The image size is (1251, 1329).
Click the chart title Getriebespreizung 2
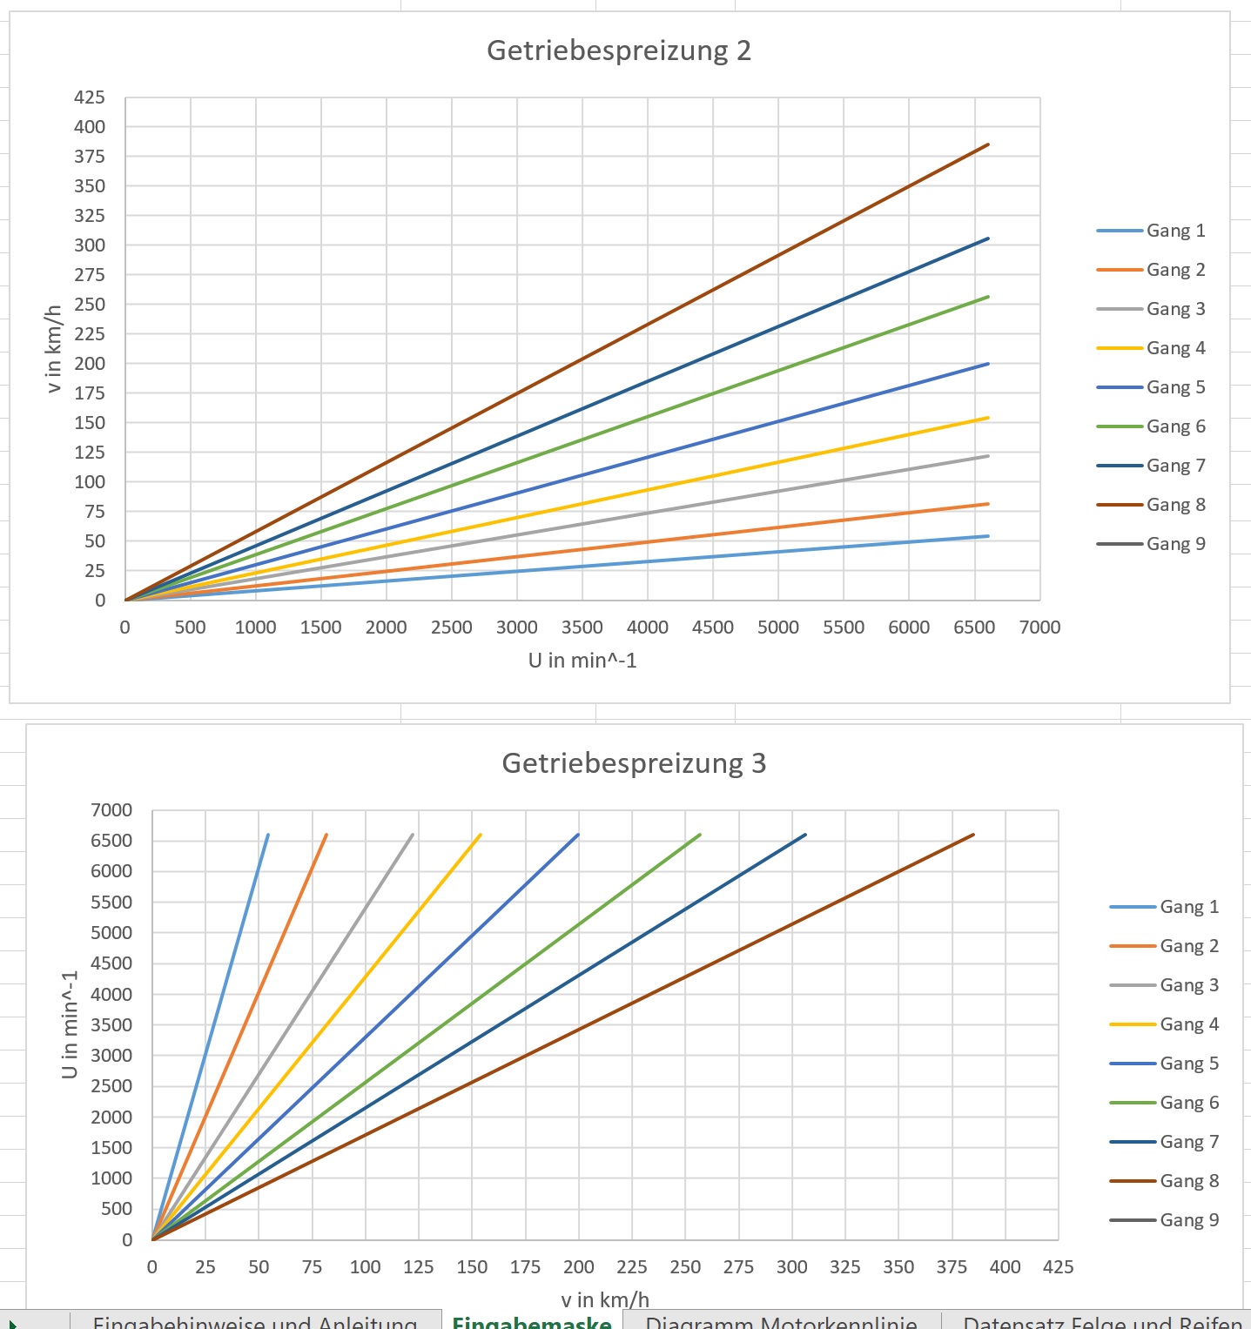[x=618, y=50]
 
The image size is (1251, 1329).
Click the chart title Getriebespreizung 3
[x=634, y=763]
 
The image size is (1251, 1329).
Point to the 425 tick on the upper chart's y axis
[x=90, y=97]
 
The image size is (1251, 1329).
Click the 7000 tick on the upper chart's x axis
[x=1039, y=628]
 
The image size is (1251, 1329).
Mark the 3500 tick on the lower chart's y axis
[x=111, y=1024]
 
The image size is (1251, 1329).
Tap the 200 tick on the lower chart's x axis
[x=579, y=1267]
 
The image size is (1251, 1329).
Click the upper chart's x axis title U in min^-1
[x=582, y=661]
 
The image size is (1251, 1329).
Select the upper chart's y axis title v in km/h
[x=54, y=349]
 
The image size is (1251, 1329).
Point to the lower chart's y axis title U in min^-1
[x=70, y=1024]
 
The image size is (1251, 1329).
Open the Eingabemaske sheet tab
[x=531, y=1321]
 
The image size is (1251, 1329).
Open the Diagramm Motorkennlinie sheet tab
[x=781, y=1321]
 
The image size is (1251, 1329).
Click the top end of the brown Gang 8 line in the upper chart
[x=987, y=145]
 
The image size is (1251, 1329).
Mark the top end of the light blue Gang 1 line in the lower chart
[x=267, y=836]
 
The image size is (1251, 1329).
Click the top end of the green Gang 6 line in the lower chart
[x=699, y=836]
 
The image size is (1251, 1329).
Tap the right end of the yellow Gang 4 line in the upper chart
[x=987, y=419]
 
